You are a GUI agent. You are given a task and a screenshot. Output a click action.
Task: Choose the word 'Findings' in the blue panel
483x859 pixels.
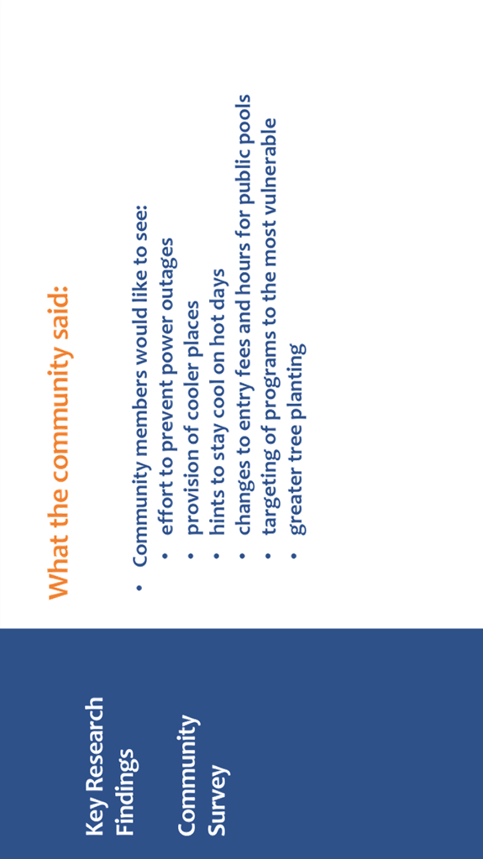(127, 792)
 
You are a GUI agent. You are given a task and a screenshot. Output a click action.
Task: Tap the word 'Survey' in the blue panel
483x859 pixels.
(218, 800)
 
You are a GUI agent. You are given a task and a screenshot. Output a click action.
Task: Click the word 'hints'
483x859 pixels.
(218, 513)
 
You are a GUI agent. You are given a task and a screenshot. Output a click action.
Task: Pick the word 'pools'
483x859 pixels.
(244, 119)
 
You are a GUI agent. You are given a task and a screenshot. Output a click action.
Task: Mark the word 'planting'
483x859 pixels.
(297, 380)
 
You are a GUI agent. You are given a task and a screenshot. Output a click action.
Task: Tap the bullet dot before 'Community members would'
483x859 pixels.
(139, 588)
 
